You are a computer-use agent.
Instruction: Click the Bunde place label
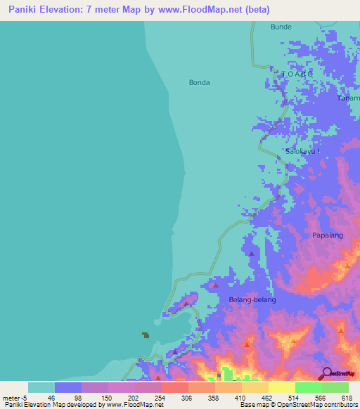tap(281, 27)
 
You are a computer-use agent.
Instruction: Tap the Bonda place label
tap(199, 82)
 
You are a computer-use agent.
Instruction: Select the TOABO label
tap(297, 73)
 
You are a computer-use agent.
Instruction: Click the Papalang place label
tap(328, 235)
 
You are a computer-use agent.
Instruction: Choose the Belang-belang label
tap(252, 299)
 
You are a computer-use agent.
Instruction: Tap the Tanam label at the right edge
tap(349, 98)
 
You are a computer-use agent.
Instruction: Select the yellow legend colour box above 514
tap(281, 387)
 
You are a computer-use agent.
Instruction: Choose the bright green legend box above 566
tap(308, 387)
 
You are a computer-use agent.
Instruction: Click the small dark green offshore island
tap(146, 335)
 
